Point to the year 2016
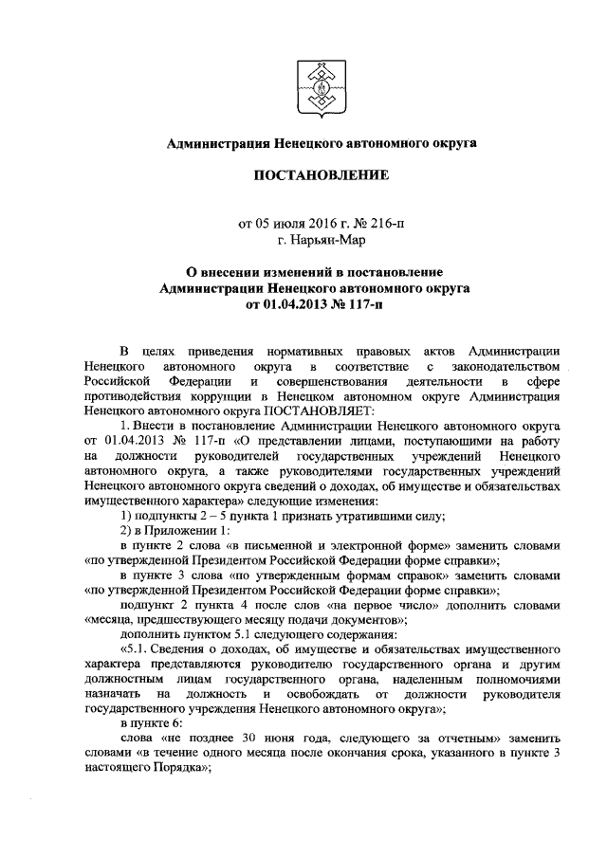point(308,225)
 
